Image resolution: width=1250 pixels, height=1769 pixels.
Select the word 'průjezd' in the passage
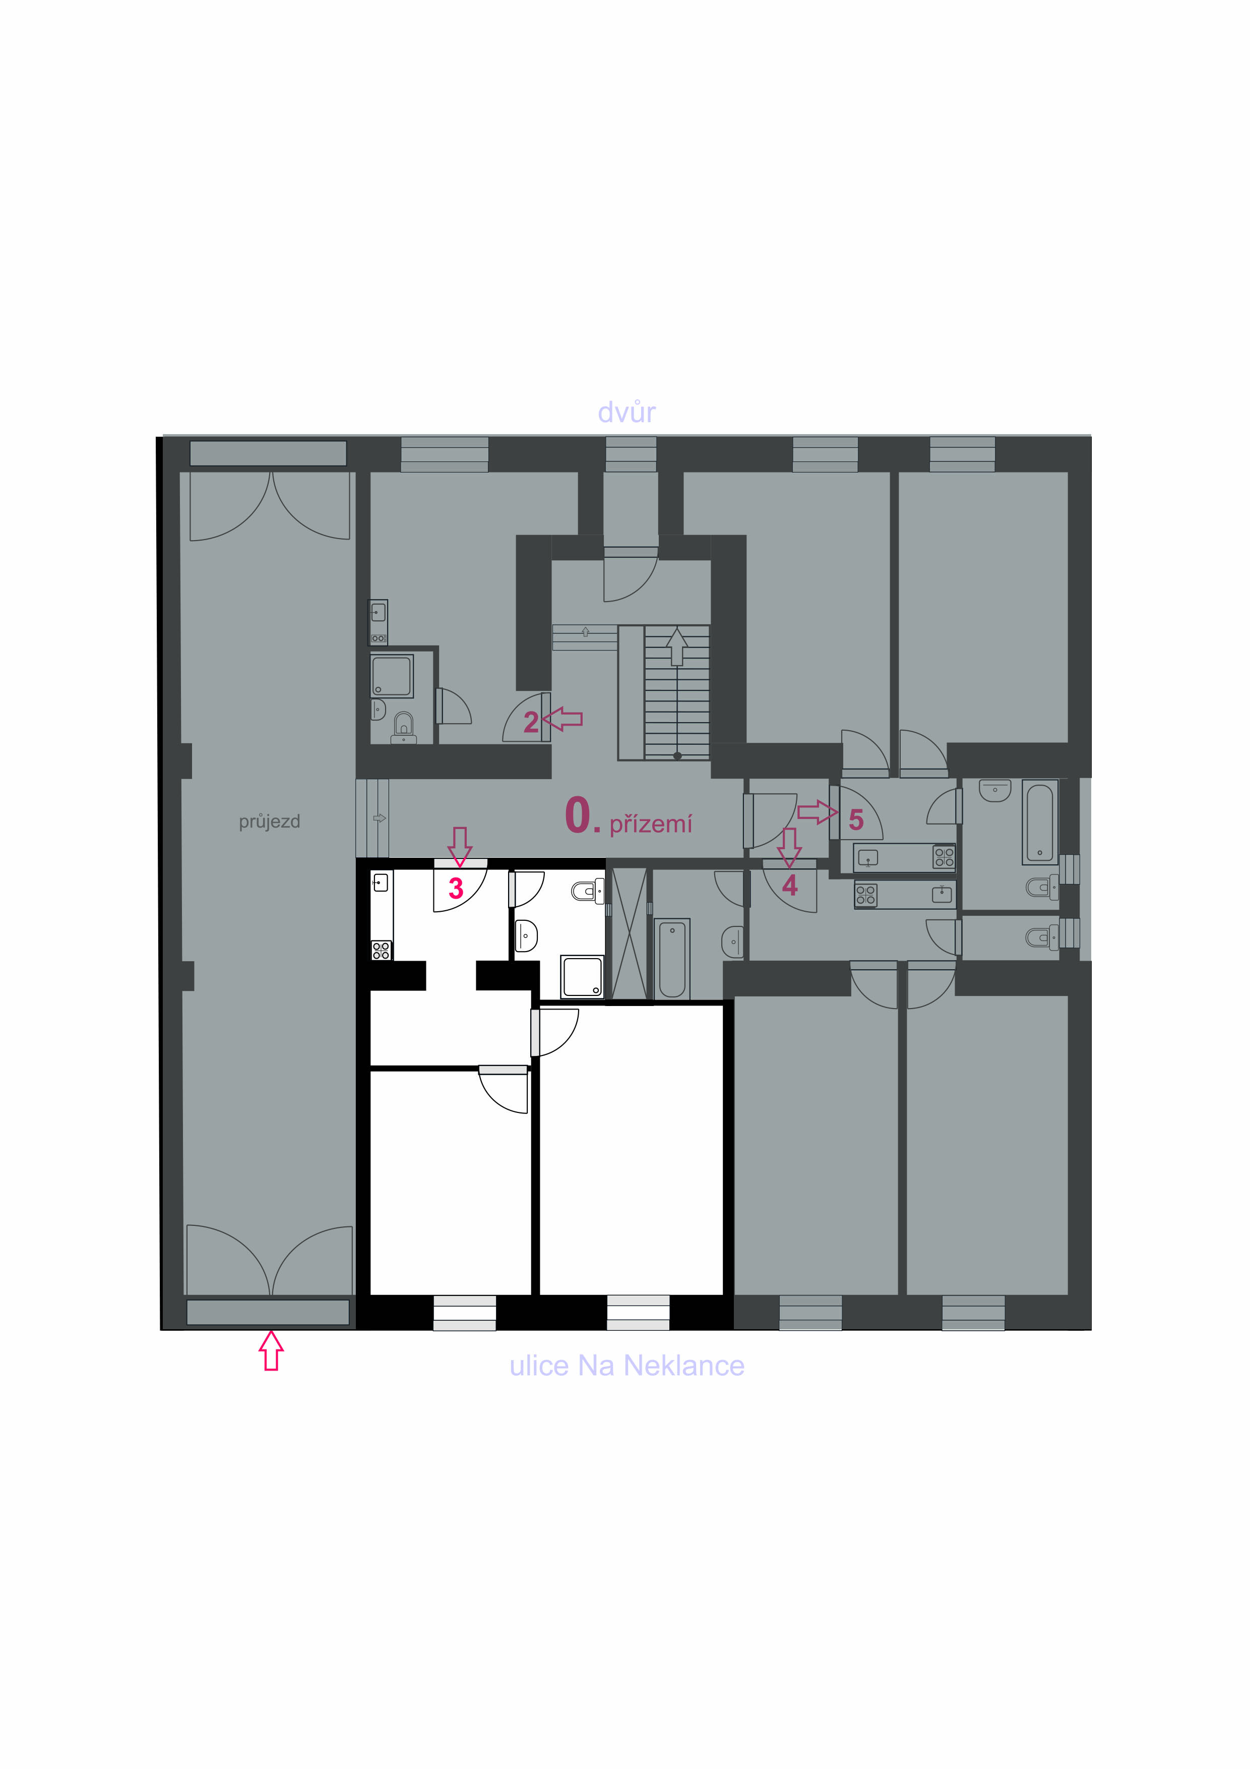(x=269, y=822)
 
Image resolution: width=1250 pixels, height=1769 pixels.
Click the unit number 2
(x=531, y=722)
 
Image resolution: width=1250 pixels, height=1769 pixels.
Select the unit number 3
(x=456, y=889)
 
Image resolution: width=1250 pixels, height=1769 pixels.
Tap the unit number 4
(x=789, y=886)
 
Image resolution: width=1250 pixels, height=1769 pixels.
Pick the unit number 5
(x=856, y=820)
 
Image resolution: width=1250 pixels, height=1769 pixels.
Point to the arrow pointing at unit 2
(x=562, y=720)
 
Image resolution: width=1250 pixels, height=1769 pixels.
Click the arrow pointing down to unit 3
(x=460, y=847)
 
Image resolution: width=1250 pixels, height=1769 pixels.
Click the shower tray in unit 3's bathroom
(x=582, y=977)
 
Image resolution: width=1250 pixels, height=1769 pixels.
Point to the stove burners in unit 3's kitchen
(x=381, y=950)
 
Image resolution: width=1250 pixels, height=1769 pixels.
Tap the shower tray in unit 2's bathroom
(x=392, y=676)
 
